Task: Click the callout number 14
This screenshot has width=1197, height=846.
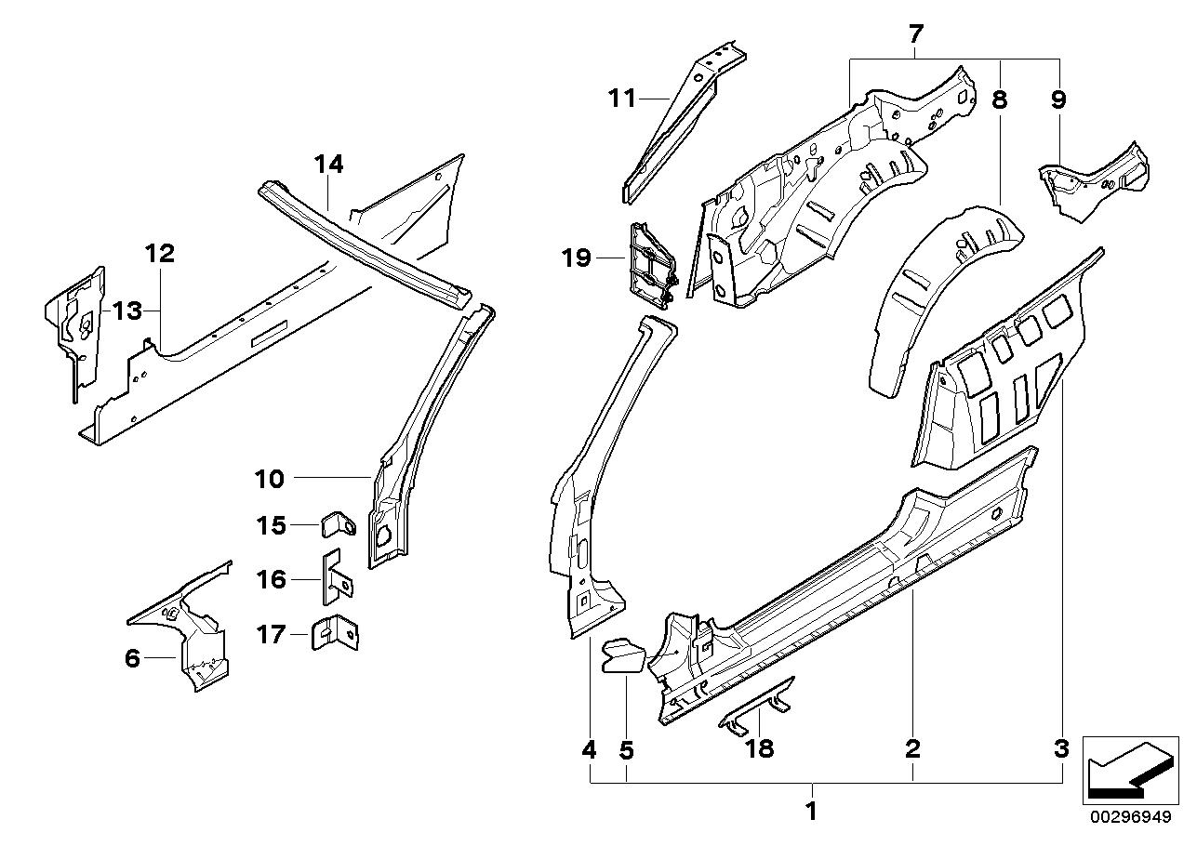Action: pyautogui.click(x=328, y=165)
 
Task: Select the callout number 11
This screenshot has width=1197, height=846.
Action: pyautogui.click(x=621, y=97)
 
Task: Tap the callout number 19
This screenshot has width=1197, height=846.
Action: pyautogui.click(x=577, y=257)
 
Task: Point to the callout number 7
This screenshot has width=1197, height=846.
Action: pyautogui.click(x=915, y=35)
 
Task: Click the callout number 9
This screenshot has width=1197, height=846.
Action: pyautogui.click(x=1058, y=100)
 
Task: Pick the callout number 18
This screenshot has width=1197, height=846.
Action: pyautogui.click(x=760, y=748)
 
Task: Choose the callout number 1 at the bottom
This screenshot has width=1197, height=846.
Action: pyautogui.click(x=811, y=812)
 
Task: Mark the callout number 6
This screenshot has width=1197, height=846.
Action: pyautogui.click(x=132, y=659)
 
